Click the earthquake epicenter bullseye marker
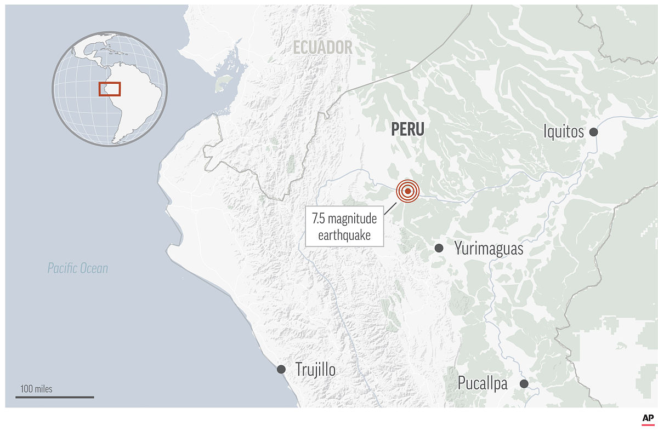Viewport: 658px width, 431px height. click(x=407, y=191)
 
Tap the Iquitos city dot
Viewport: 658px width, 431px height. click(x=593, y=132)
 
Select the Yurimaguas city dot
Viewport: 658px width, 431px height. click(x=439, y=248)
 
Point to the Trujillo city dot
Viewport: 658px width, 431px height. click(x=281, y=369)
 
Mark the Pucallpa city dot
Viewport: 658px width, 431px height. click(x=524, y=384)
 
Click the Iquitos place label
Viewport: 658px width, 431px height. click(x=563, y=132)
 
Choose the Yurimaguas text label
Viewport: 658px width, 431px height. click(x=489, y=249)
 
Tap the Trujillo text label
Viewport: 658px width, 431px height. click(x=315, y=370)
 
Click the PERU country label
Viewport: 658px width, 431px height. click(x=407, y=129)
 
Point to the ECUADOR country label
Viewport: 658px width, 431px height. click(x=322, y=48)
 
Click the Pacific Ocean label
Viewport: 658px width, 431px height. click(x=77, y=268)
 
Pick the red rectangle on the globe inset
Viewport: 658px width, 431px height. click(x=110, y=89)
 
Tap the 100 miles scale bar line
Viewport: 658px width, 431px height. click(x=54, y=397)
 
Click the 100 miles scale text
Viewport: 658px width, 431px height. click(x=37, y=389)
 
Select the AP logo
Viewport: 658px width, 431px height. click(x=648, y=419)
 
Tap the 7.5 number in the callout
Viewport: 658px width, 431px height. click(x=318, y=220)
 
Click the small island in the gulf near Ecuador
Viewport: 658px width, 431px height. click(x=223, y=83)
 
